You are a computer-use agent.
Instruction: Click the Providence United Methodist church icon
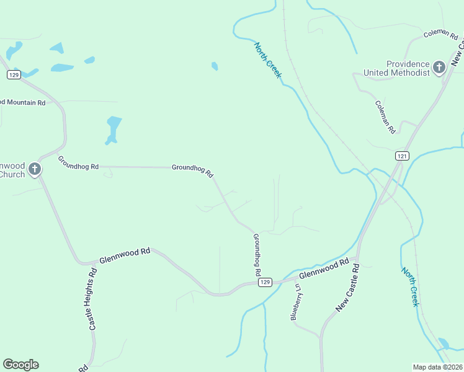[439, 67]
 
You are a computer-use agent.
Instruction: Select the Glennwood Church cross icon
[35, 169]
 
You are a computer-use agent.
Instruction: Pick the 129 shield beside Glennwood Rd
[265, 282]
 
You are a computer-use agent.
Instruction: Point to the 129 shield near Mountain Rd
[14, 74]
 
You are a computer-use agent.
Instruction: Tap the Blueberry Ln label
[296, 302]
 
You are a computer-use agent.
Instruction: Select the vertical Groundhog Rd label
[256, 255]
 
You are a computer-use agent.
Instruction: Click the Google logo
[20, 365]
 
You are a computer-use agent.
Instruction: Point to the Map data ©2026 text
[437, 367]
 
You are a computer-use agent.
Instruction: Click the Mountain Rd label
[24, 102]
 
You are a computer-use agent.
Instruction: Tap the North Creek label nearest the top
[268, 60]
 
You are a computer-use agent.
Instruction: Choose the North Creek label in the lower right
[410, 286]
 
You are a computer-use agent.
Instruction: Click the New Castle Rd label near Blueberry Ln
[347, 288]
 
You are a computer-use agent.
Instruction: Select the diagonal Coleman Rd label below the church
[385, 117]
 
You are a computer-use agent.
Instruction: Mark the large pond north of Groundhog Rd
[114, 129]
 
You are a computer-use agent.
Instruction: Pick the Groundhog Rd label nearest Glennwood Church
[78, 162]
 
